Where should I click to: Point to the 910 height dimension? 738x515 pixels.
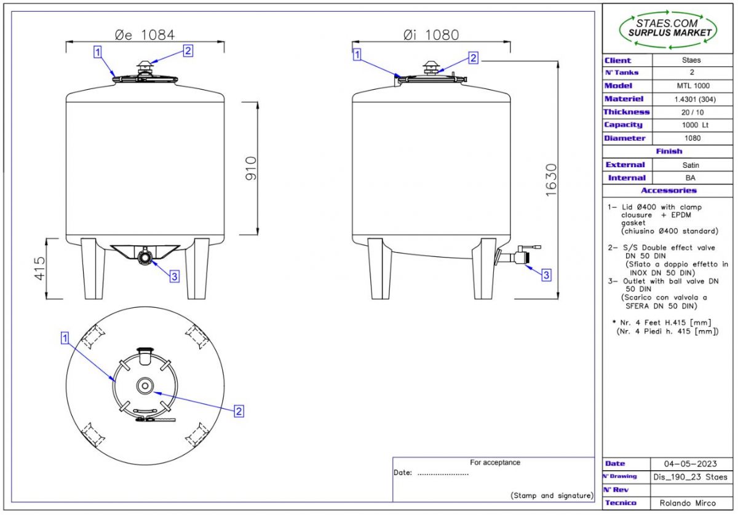(250, 168)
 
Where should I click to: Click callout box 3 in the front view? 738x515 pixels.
(174, 277)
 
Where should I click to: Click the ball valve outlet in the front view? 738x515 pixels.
(145, 256)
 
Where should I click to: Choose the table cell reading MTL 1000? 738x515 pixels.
(691, 86)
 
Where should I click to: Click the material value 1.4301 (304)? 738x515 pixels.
(691, 99)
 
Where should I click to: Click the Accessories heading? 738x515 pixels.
(669, 191)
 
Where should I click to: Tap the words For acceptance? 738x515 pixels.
(494, 463)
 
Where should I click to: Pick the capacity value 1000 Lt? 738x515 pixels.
(691, 125)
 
